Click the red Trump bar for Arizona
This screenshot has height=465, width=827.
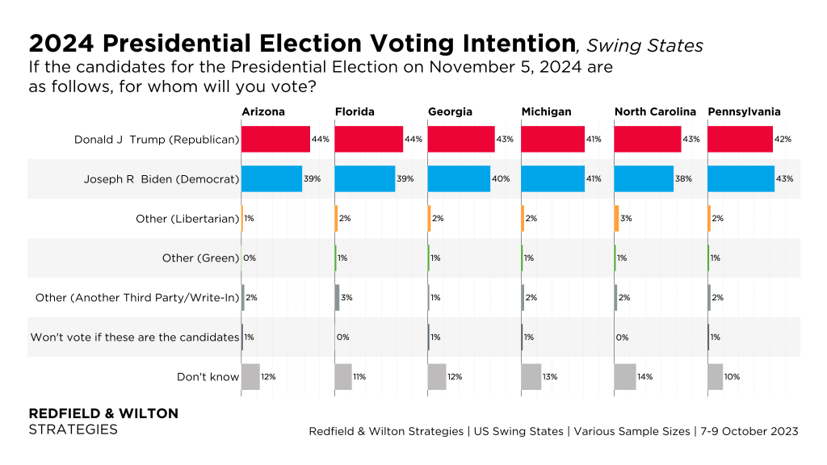click(275, 139)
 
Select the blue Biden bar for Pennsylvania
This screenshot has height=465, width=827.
click(741, 178)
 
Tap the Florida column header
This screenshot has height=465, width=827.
click(354, 111)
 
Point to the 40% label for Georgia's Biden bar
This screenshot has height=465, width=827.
click(501, 178)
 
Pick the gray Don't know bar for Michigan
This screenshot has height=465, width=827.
click(531, 376)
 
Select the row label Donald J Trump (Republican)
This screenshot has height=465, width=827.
click(157, 139)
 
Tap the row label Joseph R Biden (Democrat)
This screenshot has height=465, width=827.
click(162, 178)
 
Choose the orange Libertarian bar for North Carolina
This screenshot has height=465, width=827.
click(616, 218)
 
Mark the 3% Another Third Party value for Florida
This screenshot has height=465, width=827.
click(347, 297)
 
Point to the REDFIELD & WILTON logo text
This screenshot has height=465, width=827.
click(103, 413)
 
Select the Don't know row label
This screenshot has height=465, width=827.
click(208, 376)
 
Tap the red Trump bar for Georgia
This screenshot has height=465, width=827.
click(460, 139)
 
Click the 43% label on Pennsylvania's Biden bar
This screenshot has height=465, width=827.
click(784, 178)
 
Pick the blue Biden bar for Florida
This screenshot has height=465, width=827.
click(364, 178)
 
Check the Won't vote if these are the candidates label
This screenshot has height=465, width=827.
click(134, 337)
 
